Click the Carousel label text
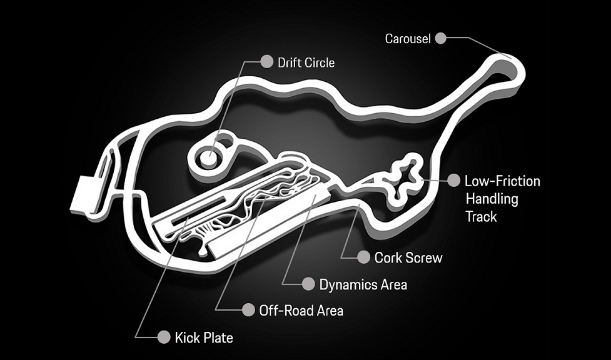click(408, 39)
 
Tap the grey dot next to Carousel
click(440, 38)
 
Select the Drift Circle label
click(306, 62)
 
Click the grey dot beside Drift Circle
click(266, 61)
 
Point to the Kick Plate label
click(204, 337)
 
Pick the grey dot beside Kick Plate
click(164, 337)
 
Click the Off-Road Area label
click(301, 311)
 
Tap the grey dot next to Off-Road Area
click(248, 310)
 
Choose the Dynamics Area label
click(363, 285)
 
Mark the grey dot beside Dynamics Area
click(308, 284)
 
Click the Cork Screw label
click(408, 258)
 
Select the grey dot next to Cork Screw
click(363, 257)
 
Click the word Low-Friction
click(503, 181)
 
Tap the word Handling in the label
click(492, 199)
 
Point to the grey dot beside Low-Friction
click(453, 180)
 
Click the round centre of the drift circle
click(210, 159)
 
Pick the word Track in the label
click(482, 217)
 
